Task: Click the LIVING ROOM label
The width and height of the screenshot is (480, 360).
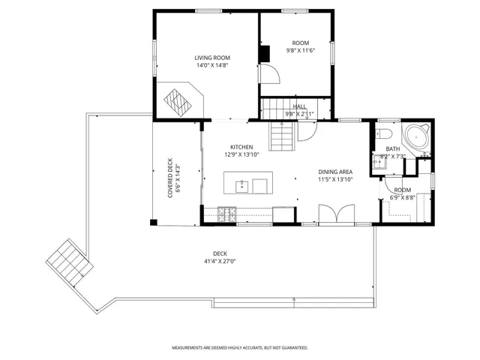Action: (x=211, y=58)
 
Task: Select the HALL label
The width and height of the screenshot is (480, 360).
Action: (x=299, y=106)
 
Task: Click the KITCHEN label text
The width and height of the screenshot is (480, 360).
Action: (x=241, y=147)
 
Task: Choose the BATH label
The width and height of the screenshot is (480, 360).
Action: (x=393, y=148)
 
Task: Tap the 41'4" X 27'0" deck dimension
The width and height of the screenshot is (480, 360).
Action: (x=220, y=262)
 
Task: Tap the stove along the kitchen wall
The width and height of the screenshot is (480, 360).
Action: (x=226, y=214)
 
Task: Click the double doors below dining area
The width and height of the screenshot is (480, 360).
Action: (x=334, y=214)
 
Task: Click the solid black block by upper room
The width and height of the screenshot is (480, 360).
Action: (x=264, y=55)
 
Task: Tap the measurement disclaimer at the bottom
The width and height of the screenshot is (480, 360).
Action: (x=239, y=348)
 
